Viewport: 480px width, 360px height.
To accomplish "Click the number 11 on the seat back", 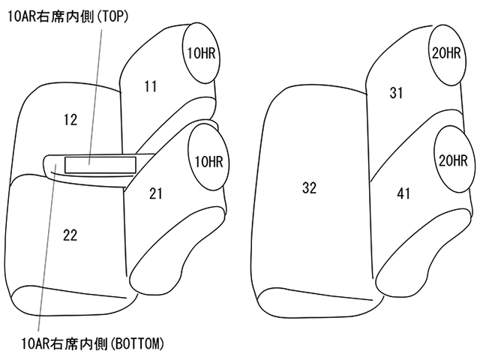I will click(151, 86).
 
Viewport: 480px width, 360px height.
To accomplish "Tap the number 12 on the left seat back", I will click(70, 118).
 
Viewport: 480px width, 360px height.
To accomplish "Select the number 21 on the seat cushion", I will click(155, 193).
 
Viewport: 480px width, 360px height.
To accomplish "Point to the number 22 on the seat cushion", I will click(70, 235).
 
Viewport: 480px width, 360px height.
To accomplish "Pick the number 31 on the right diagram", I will click(397, 92).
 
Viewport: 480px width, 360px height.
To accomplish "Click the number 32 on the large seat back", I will click(309, 188).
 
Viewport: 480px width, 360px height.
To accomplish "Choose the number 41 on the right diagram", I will click(403, 194).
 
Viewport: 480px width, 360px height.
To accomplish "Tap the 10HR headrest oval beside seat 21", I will click(208, 160).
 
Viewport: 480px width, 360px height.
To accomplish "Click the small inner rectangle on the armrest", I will click(89, 163).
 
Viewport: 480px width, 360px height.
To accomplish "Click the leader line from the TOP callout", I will click(94, 90).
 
